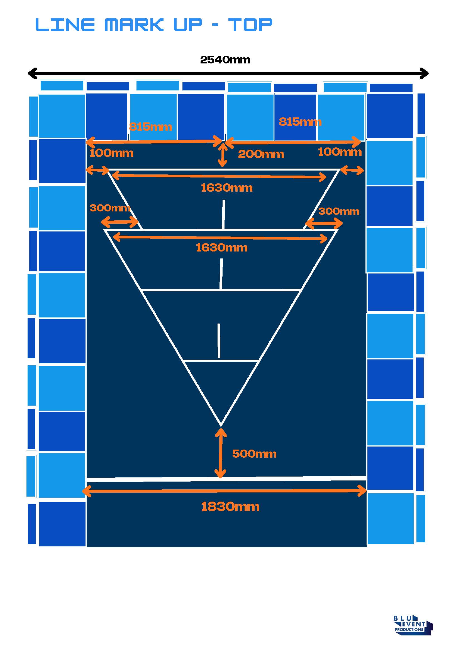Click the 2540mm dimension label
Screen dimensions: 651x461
pos(225,60)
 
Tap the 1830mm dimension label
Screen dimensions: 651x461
pos(230,507)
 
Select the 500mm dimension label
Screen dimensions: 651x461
pos(254,454)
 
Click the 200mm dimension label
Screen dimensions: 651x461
pos(261,154)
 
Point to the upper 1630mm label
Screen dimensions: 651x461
pos(226,188)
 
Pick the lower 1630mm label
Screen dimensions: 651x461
pos(222,248)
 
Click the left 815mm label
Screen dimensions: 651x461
pos(150,127)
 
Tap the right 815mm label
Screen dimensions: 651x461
pos(300,122)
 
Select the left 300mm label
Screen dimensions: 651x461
pos(110,208)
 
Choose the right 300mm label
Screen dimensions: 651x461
pos(339,211)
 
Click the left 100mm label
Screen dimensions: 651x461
pos(111,153)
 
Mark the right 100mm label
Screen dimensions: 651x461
pos(340,152)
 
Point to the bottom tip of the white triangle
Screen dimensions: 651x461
pos(221,425)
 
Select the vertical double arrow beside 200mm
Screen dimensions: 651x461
pos(223,155)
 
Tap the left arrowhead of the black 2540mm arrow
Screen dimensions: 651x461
pos(32,73)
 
